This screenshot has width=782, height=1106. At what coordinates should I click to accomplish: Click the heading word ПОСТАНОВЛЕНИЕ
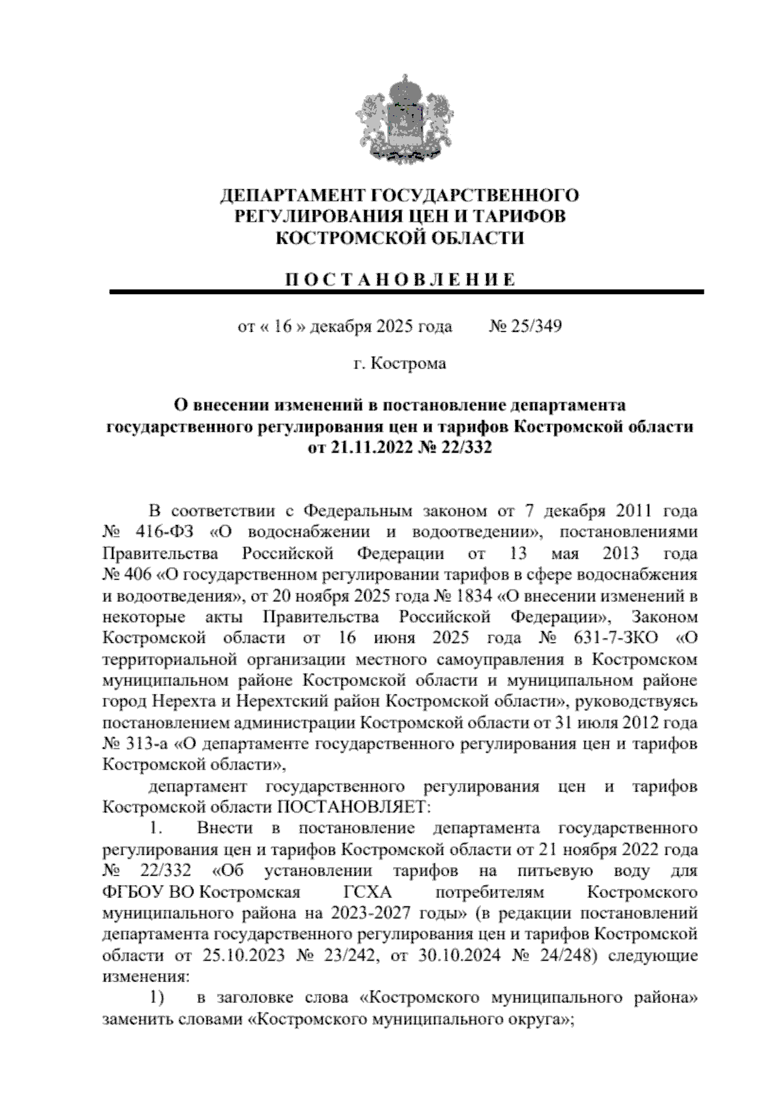[401, 280]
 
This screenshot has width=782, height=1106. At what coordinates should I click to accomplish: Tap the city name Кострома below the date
[409, 363]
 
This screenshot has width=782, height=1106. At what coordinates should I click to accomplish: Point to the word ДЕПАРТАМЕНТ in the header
[293, 196]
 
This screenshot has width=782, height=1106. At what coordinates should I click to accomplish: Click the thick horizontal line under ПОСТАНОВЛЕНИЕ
[407, 293]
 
